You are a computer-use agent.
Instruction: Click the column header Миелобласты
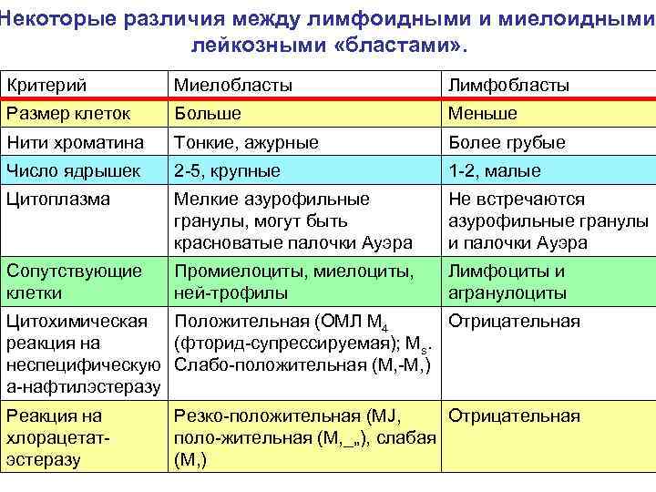(233, 85)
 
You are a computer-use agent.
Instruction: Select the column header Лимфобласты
(507, 85)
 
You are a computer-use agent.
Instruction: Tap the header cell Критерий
(46, 85)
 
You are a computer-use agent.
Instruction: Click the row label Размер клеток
(67, 113)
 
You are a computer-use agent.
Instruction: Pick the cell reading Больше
(208, 113)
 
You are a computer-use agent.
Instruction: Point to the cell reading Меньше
(482, 113)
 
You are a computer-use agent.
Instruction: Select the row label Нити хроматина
(76, 142)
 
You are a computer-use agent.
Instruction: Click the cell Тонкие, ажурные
(246, 142)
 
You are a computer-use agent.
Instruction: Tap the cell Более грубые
(506, 142)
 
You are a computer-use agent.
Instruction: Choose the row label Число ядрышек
(73, 170)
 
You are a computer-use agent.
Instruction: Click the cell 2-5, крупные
(227, 170)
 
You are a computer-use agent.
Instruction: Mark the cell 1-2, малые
(493, 170)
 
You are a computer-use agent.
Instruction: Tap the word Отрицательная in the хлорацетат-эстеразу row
(513, 416)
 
